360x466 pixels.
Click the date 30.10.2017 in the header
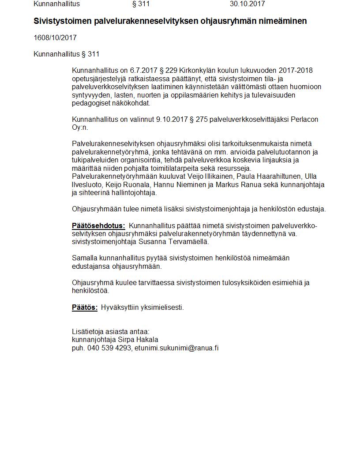[247, 4]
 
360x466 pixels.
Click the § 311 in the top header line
[141, 4]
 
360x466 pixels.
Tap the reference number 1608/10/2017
[55, 38]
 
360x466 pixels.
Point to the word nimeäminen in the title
[284, 21]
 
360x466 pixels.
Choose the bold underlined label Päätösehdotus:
[98, 226]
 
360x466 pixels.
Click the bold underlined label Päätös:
[85, 308]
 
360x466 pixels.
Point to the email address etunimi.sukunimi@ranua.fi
[176, 348]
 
